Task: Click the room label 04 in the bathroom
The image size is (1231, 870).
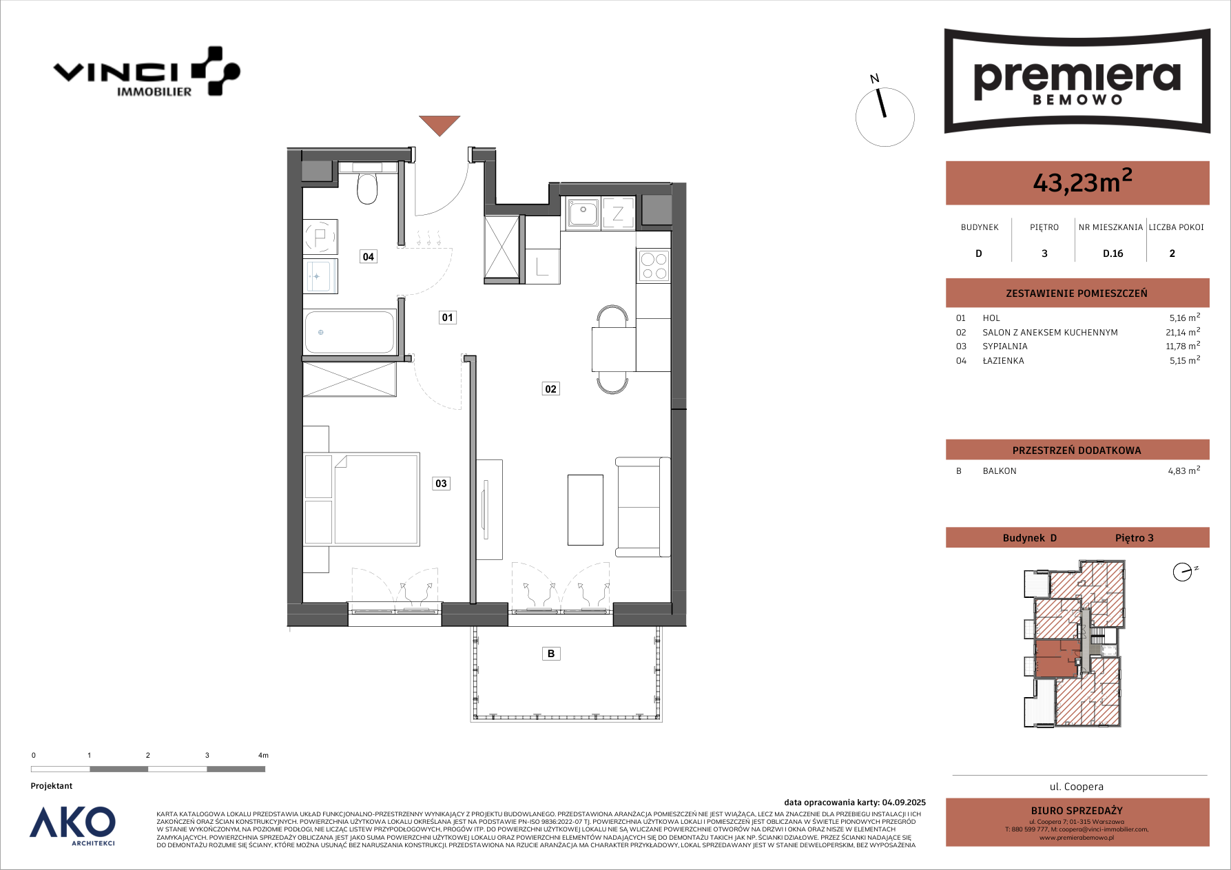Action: coord(369,257)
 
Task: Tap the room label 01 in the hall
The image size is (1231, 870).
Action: coord(448,318)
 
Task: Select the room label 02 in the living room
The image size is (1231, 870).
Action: coord(550,389)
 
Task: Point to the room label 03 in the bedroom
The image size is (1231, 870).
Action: coord(441,484)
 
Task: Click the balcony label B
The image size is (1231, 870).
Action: coord(551,654)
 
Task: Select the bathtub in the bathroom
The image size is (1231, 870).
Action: coord(350,332)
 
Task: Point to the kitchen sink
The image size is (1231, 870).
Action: coord(583,213)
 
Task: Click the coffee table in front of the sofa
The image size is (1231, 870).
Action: coord(586,510)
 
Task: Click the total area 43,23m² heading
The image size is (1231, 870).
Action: coord(1082,181)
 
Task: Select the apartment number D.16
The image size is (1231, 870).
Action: coord(1113,253)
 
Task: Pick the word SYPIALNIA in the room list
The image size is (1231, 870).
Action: coord(1005,346)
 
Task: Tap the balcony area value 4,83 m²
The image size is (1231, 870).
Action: coord(1184,470)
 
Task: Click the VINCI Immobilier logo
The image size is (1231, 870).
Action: coord(147,72)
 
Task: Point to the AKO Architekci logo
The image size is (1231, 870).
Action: coord(73,825)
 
